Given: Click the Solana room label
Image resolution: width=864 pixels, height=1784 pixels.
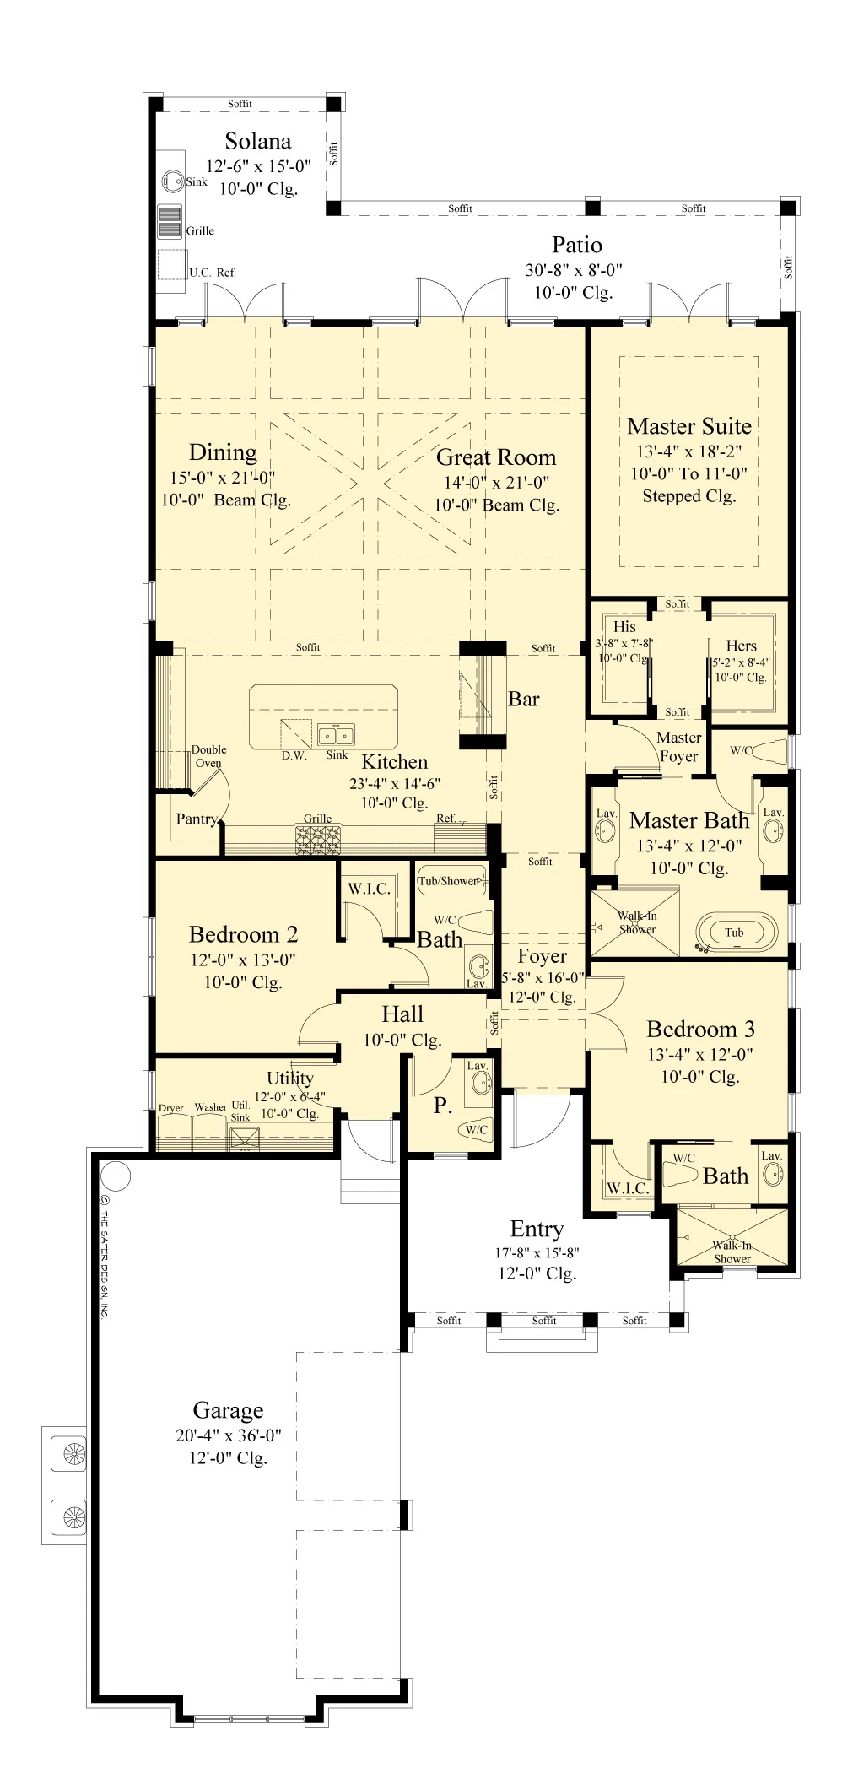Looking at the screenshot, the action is pos(258,141).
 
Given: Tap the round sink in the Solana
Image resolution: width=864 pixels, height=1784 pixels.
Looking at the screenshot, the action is pos(173,181).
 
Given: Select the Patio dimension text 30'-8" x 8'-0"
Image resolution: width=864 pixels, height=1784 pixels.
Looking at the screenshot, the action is pos(574,270).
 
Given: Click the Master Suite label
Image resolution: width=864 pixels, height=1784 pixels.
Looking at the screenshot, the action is pos(689,426).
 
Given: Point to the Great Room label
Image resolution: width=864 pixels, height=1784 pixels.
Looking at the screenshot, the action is pos(496,457).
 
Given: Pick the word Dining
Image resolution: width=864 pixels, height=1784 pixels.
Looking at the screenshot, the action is pos(223,453).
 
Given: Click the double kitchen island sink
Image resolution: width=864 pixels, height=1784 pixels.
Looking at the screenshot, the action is pos(336,734).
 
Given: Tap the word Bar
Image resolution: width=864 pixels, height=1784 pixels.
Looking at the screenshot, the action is pos(523,699).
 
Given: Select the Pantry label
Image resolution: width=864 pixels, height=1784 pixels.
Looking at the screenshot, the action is pos(197,819).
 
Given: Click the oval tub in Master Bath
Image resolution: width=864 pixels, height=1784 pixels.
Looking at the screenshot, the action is pos(735,932).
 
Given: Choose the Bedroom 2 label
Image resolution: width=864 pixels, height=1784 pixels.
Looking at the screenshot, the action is pos(243,934).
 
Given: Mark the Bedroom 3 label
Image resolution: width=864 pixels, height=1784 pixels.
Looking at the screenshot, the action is pos(700,1029).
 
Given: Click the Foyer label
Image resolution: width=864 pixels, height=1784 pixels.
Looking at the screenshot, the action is pos(543,956).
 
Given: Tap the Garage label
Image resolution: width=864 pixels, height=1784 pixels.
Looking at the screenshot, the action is pos(228,1410).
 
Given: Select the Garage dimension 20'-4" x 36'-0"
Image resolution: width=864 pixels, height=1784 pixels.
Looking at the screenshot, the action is pos(229,1435).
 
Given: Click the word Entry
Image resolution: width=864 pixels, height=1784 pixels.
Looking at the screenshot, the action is pos(537,1230).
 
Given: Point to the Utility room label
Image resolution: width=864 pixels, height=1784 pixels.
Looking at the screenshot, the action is pos(289,1079).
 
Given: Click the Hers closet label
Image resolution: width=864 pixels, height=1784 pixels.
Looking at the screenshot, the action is pos(741,646).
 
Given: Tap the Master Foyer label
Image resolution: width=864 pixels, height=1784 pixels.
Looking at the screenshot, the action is pos(679,747).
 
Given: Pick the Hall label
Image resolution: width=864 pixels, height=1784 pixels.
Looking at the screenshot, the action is pos(402,1014).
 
